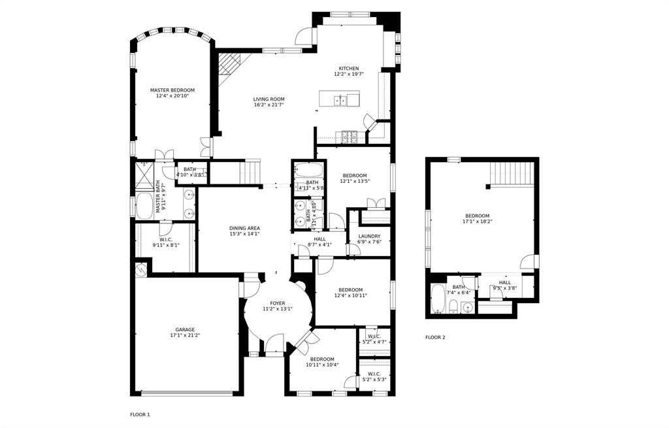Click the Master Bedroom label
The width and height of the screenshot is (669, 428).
coord(172,90)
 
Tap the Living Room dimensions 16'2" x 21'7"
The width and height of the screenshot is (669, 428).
coord(269,106)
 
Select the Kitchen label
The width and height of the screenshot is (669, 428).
coord(348,69)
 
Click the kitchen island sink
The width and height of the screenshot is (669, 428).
coord(340,100)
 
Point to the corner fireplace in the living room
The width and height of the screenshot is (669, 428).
coord(228,65)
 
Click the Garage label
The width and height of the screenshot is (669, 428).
coord(185,329)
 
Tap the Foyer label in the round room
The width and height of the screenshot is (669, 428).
coord(278,303)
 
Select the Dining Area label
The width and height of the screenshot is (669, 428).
coord(245,228)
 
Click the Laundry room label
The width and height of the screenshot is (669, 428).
coord(370,236)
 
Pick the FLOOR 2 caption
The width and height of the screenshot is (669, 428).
coord(435,337)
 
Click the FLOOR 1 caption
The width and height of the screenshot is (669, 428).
coord(140,414)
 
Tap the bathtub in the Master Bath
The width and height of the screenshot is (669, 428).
coord(144,206)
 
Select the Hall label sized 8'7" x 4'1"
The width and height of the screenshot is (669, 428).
coord(319,239)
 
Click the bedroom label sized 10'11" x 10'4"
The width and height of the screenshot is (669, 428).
coord(322,359)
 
